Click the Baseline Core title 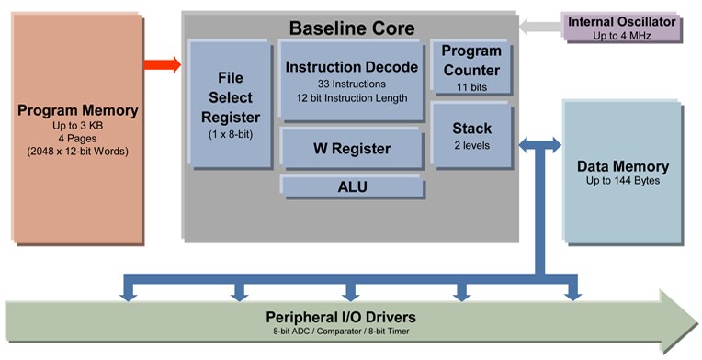point(352,28)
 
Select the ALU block point(352,187)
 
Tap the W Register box point(352,149)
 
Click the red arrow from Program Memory point(162,64)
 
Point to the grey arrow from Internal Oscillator point(538,27)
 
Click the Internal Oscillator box point(621,28)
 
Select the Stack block point(471,134)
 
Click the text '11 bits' point(471,88)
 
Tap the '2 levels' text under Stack point(471,145)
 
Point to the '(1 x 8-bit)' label point(231,135)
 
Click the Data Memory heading point(622,167)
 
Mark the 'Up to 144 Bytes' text point(622,182)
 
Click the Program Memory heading point(77,111)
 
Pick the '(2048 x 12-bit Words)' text point(77,151)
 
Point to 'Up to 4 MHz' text point(621,35)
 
